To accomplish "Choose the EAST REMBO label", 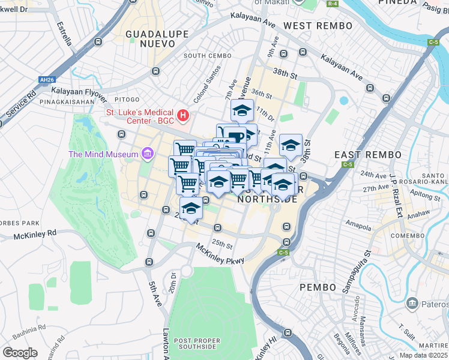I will click(367, 155).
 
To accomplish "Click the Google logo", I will click(20, 352).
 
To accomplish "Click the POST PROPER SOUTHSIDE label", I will click(195, 344).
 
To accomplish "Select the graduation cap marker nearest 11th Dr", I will click(242, 111).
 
